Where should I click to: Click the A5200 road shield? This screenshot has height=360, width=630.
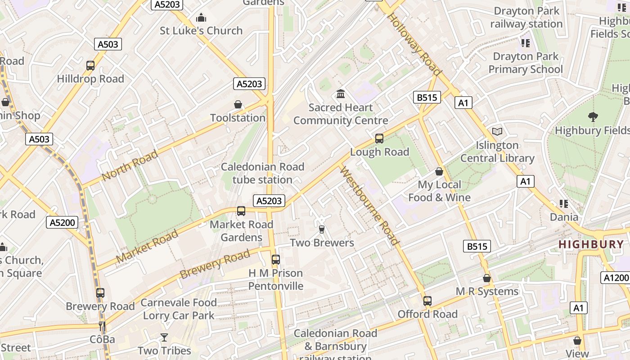(62, 222)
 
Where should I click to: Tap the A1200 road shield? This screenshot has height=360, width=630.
(615, 278)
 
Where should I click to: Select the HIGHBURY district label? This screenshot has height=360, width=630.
(591, 244)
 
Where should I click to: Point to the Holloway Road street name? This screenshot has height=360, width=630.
(414, 44)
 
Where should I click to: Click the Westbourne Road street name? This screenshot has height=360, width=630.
(369, 206)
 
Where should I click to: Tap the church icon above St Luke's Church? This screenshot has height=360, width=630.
(201, 18)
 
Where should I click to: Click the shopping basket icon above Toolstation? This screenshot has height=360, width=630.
(238, 105)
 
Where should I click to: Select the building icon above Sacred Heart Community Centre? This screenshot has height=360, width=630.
(341, 94)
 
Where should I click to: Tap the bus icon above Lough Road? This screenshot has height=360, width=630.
(379, 139)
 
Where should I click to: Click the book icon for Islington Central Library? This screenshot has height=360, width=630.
(497, 131)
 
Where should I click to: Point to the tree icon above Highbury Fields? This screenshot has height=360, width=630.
(593, 117)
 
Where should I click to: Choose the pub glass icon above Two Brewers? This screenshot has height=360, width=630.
(321, 229)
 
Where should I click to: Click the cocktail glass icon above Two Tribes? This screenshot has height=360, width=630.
(164, 337)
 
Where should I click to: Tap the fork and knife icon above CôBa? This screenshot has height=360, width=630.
(102, 326)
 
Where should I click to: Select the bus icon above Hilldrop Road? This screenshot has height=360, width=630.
(90, 66)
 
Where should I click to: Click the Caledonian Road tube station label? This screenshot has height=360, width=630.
(262, 173)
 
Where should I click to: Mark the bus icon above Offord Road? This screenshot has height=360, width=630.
(427, 301)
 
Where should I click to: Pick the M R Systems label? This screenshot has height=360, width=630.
(487, 291)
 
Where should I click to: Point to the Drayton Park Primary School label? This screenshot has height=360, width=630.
(526, 63)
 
